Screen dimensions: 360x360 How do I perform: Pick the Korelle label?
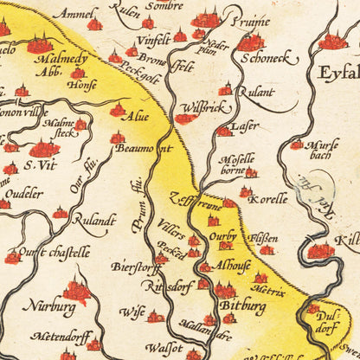click(267, 199)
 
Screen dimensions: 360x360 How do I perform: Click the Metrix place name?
click(269, 292)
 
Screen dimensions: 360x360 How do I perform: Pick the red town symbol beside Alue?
click(118, 110)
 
